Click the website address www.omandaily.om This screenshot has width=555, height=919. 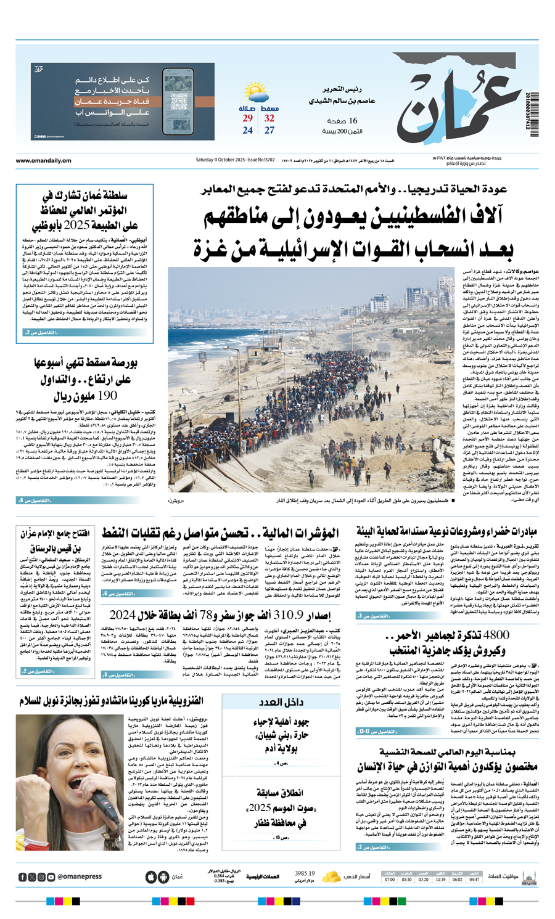tap(43, 161)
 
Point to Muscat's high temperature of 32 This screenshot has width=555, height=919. tap(269, 118)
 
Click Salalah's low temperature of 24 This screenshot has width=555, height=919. tap(247, 131)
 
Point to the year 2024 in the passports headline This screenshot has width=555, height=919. tap(122, 615)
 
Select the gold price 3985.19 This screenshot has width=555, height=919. tap(305, 873)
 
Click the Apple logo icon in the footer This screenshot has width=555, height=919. tap(151, 877)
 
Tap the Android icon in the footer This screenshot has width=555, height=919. tap(163, 877)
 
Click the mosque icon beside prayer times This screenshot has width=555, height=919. tap(528, 876)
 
